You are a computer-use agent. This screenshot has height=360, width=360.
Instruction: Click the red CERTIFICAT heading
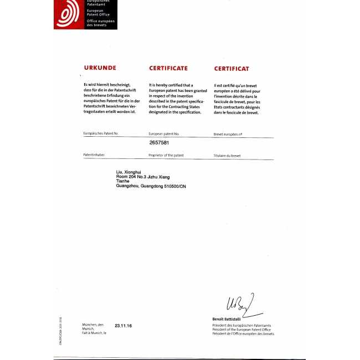(x=232, y=69)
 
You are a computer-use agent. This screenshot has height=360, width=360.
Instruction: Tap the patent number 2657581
(x=159, y=142)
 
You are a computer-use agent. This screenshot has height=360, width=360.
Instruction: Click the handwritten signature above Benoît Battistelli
(x=239, y=304)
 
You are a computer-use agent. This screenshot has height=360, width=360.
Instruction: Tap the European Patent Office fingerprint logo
(x=69, y=13)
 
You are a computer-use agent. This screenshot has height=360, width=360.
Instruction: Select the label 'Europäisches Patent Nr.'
(x=101, y=134)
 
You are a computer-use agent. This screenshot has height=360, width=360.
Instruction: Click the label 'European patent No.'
(x=164, y=134)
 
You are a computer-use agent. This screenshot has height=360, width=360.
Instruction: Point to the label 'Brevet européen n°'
(x=228, y=135)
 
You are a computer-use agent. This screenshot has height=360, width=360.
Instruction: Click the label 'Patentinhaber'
(x=93, y=156)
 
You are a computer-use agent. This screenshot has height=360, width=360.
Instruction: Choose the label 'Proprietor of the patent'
(x=166, y=156)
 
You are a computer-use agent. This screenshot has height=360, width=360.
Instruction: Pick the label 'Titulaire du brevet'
(x=227, y=156)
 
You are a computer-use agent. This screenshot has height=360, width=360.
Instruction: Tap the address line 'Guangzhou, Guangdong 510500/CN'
(x=151, y=186)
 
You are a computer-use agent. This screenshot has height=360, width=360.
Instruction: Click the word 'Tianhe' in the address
(x=123, y=181)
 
